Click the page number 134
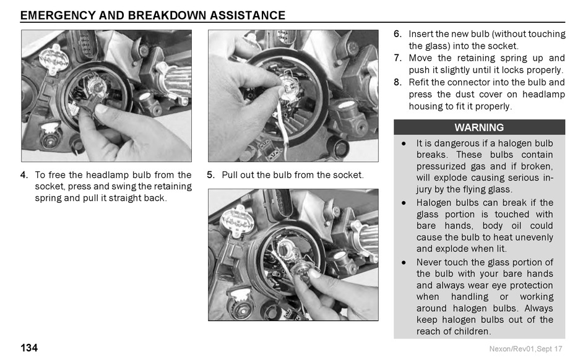click(x=29, y=348)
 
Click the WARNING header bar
click(x=479, y=127)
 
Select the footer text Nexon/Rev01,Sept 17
click(x=525, y=349)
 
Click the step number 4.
click(x=24, y=175)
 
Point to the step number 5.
click(x=210, y=175)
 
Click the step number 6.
click(x=397, y=34)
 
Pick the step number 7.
click(x=397, y=58)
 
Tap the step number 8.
click(x=397, y=82)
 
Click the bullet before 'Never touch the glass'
click(x=404, y=263)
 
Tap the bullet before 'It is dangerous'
click(x=404, y=144)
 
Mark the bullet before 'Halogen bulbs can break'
click(x=404, y=203)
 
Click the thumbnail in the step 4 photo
click(x=102, y=109)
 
